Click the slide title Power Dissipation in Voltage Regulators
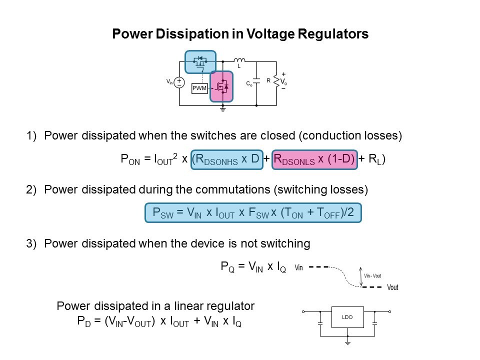point(240,34)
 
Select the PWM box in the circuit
point(199,88)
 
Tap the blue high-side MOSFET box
point(200,61)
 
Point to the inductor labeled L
point(239,60)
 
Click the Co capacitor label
point(248,84)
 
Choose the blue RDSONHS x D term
point(227,159)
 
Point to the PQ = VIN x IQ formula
point(253,267)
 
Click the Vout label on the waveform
point(393,287)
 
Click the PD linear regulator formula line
point(159,322)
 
